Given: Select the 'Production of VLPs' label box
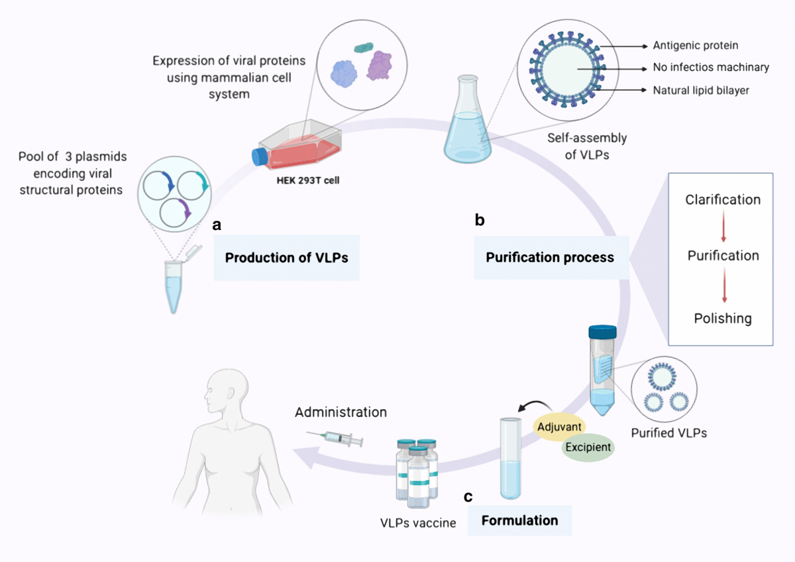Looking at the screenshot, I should (x=286, y=258).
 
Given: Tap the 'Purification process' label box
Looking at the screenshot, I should (x=550, y=257).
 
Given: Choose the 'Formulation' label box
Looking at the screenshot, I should (x=519, y=520).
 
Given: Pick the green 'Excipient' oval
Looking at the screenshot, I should (x=588, y=447).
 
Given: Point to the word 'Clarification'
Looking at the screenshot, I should (x=723, y=199).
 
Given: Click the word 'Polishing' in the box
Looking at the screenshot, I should (x=723, y=318).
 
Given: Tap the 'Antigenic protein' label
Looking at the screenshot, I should (x=695, y=46).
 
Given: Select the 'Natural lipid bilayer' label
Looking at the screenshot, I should (x=700, y=90).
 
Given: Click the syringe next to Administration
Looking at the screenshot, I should (x=335, y=437).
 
